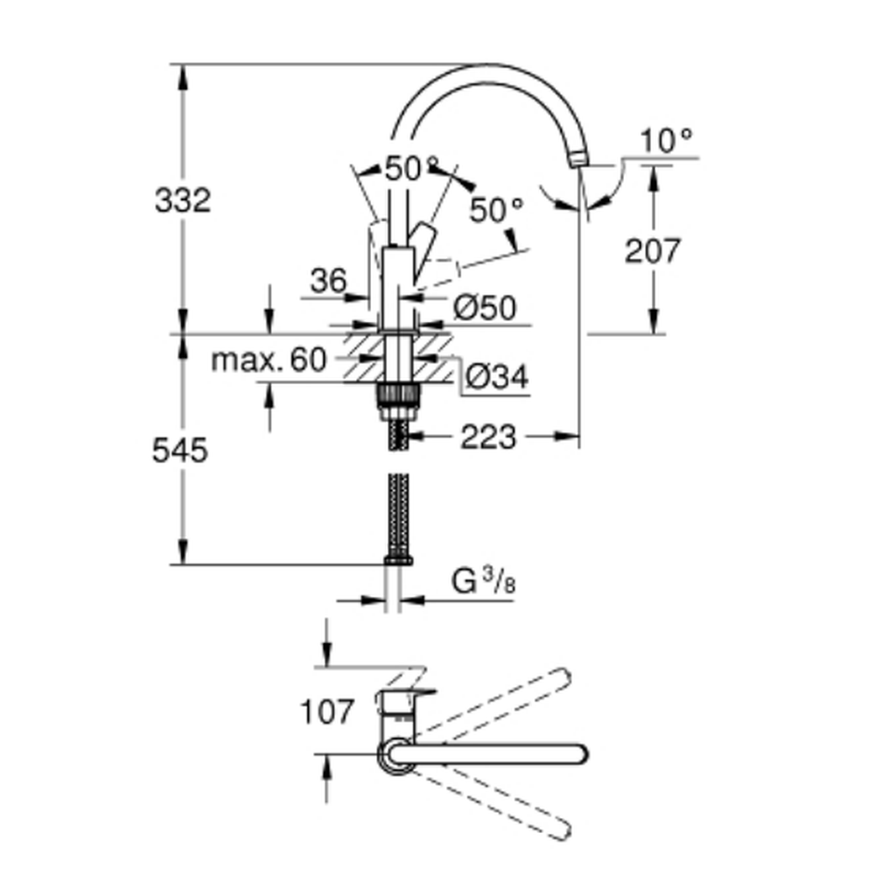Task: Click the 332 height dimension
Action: point(183,200)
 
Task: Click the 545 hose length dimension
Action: point(180,450)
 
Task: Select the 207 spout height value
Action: point(653,250)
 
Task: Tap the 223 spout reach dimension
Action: point(488,437)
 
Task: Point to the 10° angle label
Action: point(666,140)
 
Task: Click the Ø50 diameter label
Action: point(485,307)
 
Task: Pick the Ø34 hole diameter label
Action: point(497,377)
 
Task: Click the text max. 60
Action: point(269,360)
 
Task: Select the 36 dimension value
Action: point(328,281)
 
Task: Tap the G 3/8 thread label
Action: point(483,582)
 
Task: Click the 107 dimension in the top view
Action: point(326,711)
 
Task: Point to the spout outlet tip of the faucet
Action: point(578,160)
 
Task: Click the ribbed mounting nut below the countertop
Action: point(398,396)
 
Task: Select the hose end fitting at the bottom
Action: point(398,560)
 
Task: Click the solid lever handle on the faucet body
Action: point(422,250)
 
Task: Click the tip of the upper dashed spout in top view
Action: point(563,676)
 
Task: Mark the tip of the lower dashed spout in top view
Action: point(563,831)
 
